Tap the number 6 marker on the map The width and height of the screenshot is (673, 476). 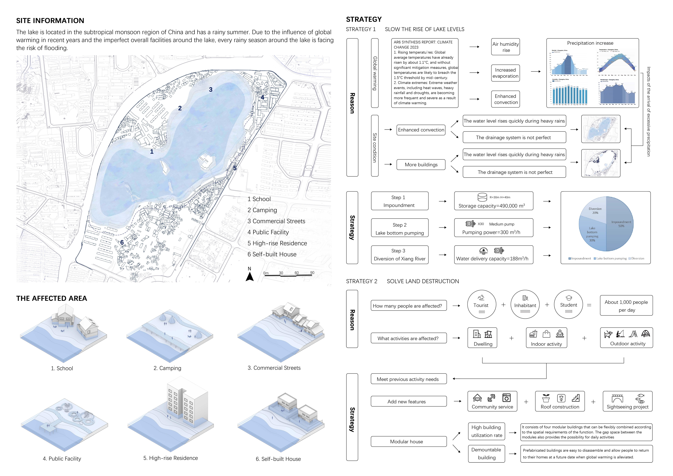click(x=122, y=242)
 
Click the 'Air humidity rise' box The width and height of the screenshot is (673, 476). click(x=505, y=47)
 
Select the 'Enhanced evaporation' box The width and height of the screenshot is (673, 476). click(x=505, y=73)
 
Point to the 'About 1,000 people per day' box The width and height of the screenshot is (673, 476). click(x=626, y=306)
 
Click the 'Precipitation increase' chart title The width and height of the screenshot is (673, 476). click(x=590, y=43)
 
